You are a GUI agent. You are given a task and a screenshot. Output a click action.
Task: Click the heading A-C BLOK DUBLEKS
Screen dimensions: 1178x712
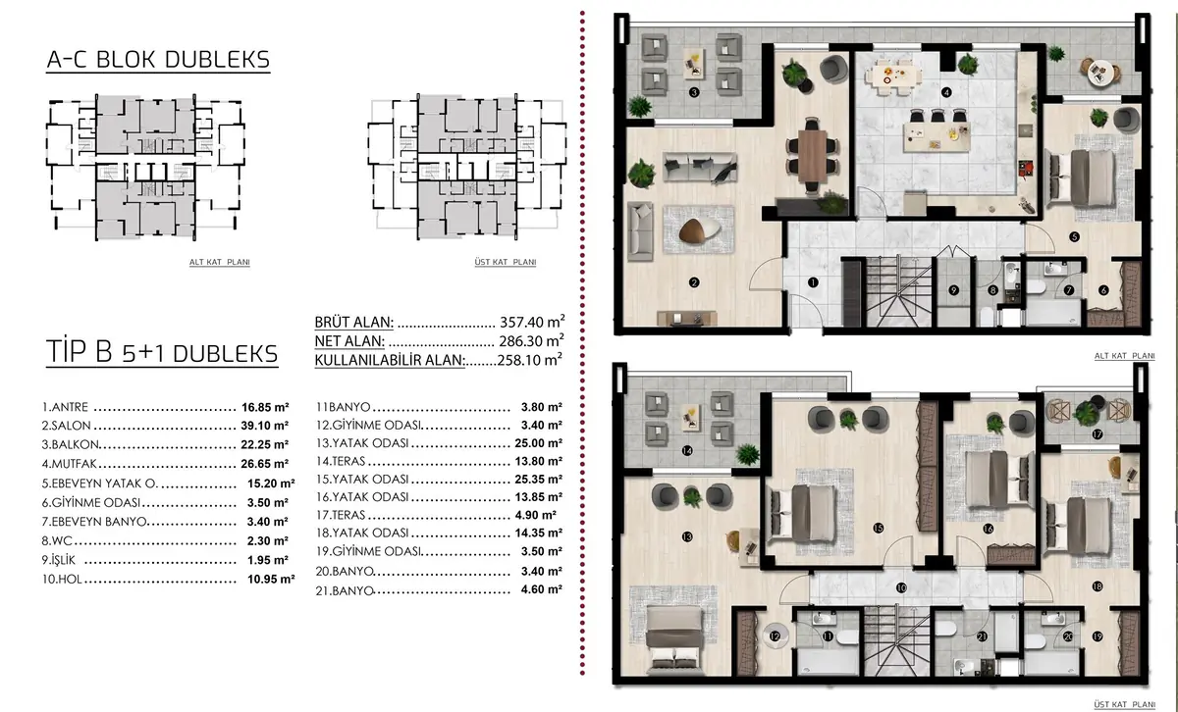coord(158,60)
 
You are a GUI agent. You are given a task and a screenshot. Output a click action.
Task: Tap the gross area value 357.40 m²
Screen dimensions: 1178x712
coord(532,321)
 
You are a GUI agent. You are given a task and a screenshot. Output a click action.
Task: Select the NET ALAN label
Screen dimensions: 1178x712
coord(349,341)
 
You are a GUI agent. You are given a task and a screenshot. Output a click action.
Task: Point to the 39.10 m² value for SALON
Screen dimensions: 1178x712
coord(265,426)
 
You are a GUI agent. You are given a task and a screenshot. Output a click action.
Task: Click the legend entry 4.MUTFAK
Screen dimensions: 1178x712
coord(70,464)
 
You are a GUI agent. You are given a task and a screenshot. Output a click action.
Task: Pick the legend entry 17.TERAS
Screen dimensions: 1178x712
coord(341,515)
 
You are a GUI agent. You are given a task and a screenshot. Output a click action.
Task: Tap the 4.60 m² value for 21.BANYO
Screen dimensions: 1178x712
coord(542,589)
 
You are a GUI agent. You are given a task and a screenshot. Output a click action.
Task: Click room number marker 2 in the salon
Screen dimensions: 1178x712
coord(694,282)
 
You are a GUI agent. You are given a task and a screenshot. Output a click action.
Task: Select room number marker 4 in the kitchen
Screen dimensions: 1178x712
coord(946,92)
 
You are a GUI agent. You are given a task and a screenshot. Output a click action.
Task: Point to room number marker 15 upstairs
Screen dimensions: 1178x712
coord(879,529)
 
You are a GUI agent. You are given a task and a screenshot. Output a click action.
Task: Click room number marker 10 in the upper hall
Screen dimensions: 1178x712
coord(901,587)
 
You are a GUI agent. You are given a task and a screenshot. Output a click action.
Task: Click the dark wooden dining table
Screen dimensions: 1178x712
coord(812,156)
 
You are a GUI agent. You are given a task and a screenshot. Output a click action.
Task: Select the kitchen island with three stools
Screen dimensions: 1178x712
coord(937,136)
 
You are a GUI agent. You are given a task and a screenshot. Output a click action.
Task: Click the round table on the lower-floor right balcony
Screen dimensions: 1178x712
coord(1100,72)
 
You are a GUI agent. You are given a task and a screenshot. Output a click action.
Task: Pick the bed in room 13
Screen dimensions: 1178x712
coord(674,639)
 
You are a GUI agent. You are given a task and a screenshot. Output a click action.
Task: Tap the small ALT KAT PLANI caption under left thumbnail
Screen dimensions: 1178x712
coord(220,262)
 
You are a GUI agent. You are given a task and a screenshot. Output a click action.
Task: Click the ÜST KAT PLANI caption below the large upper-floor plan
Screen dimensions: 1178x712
coord(1124,704)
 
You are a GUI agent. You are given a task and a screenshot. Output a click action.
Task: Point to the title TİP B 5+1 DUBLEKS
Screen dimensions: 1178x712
coord(162,352)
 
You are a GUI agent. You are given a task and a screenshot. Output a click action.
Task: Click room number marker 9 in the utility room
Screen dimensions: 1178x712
coord(954,290)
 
